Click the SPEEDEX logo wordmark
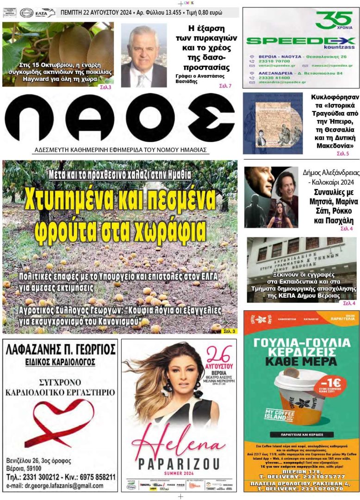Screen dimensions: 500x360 coord(301,41)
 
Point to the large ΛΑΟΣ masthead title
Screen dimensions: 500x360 coord(120,119)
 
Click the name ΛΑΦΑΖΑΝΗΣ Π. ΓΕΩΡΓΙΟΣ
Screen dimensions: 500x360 coord(61,349)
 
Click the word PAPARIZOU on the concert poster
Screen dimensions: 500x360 coord(179,463)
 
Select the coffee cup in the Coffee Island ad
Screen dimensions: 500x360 coord(300,398)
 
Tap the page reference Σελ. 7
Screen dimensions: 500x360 coord(225,86)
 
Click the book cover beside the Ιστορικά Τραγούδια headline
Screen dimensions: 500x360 coord(273,123)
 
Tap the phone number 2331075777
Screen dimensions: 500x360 coord(320,476)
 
